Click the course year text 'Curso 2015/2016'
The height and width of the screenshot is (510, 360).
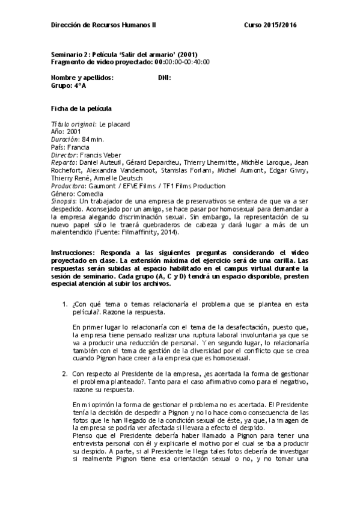pos(270,25)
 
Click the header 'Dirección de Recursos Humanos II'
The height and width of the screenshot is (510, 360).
pos(103,25)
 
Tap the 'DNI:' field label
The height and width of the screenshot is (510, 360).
pos(164,78)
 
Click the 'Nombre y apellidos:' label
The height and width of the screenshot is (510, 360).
pos(82,78)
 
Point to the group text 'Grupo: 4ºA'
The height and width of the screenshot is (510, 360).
pos(69,85)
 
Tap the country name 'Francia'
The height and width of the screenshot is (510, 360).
pos(78,147)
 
